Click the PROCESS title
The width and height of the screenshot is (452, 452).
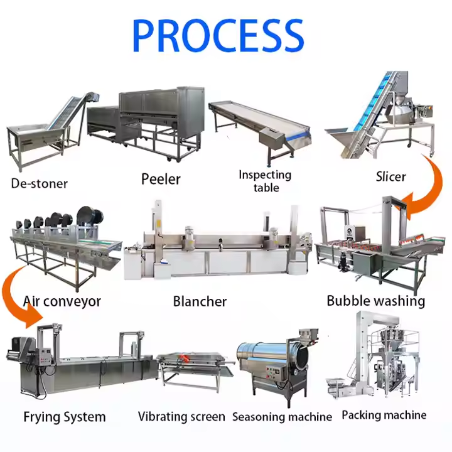tap(218, 35)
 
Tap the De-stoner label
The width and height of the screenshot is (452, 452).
tap(39, 184)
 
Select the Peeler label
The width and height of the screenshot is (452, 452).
tap(160, 179)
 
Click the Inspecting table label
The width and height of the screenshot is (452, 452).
tap(265, 181)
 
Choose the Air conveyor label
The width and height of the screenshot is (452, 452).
tap(62, 301)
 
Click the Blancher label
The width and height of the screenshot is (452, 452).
tap(200, 301)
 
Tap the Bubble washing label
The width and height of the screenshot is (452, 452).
tap(375, 301)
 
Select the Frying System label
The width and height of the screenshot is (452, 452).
tap(64, 417)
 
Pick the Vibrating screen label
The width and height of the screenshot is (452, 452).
tap(181, 417)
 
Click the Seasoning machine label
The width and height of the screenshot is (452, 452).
tap(282, 417)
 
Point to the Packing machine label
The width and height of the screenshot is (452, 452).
tap(384, 415)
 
